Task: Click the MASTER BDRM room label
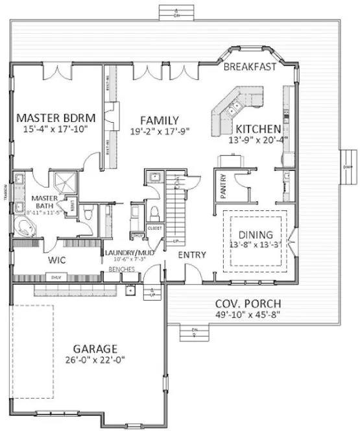[x=56, y=117]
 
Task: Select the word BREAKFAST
[x=250, y=66]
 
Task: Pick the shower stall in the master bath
[x=66, y=181]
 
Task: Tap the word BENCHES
[x=121, y=267]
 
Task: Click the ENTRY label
[x=191, y=254]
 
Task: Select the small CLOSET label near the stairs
[x=154, y=228]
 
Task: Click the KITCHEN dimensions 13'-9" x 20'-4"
[x=258, y=138]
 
